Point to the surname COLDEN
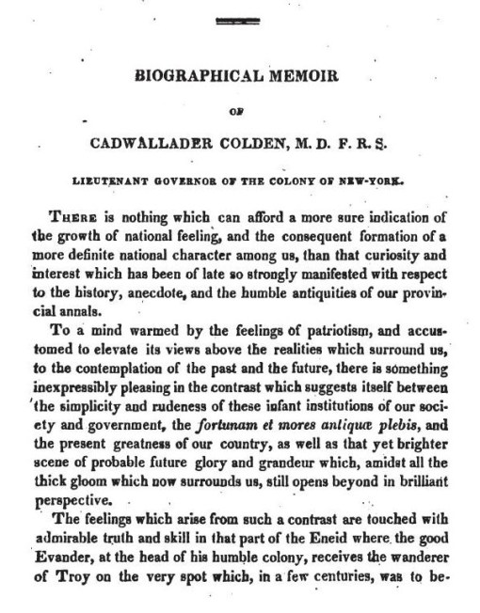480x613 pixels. click(280, 143)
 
